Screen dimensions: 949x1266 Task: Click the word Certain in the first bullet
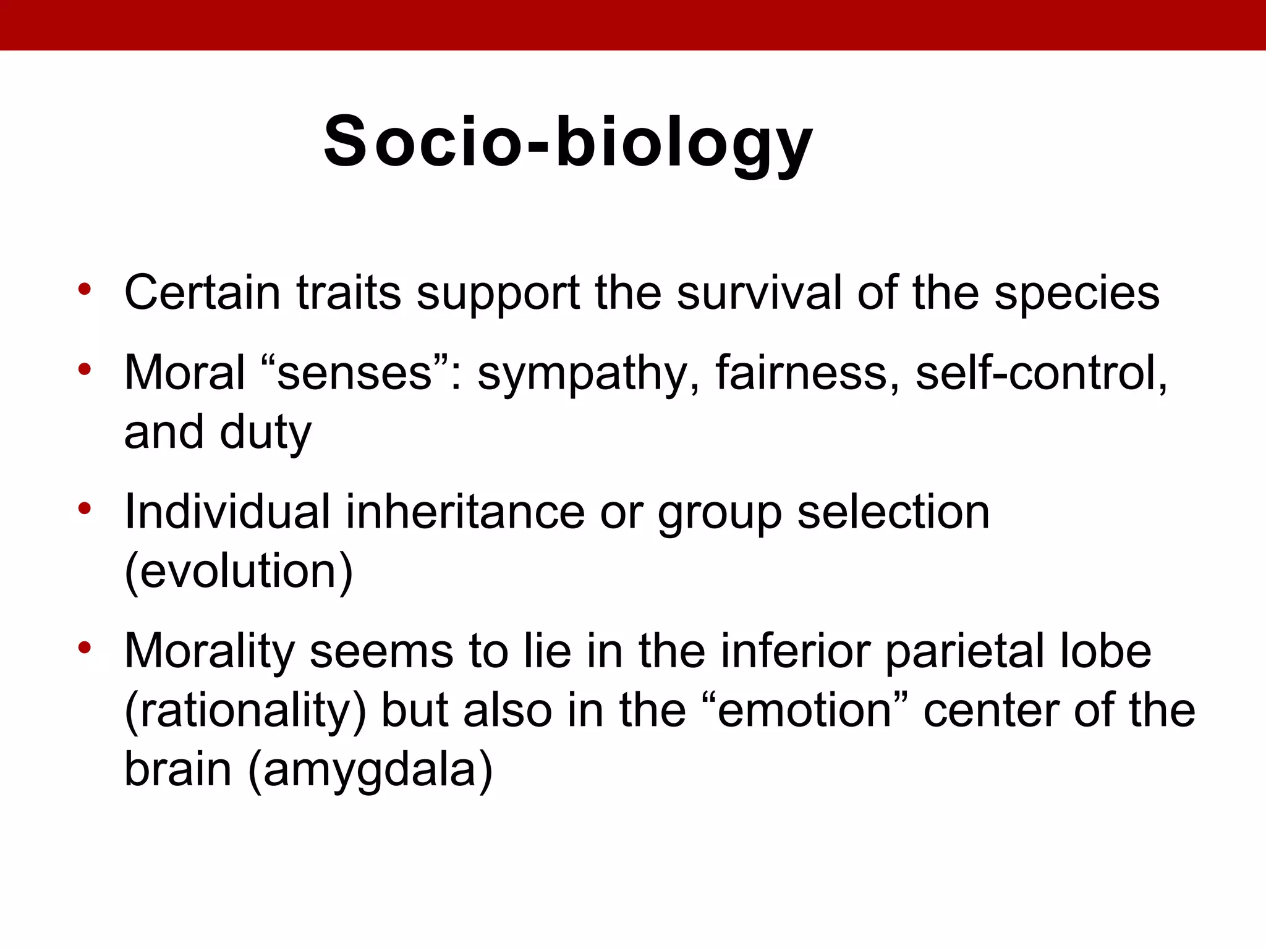click(x=202, y=292)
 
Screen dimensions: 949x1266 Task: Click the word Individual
click(x=227, y=512)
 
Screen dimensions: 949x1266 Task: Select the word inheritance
click(x=464, y=512)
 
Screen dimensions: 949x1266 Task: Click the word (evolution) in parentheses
click(x=239, y=572)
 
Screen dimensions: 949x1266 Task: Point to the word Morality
click(x=210, y=652)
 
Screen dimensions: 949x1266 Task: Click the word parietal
click(x=964, y=652)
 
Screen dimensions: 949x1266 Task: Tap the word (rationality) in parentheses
click(x=245, y=712)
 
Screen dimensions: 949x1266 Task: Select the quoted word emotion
click(x=804, y=711)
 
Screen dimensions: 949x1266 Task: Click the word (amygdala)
click(x=370, y=770)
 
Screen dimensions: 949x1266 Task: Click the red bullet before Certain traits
click(x=85, y=289)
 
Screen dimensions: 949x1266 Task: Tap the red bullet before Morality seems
click(x=85, y=648)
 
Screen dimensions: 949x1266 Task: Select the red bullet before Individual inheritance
click(x=85, y=508)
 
